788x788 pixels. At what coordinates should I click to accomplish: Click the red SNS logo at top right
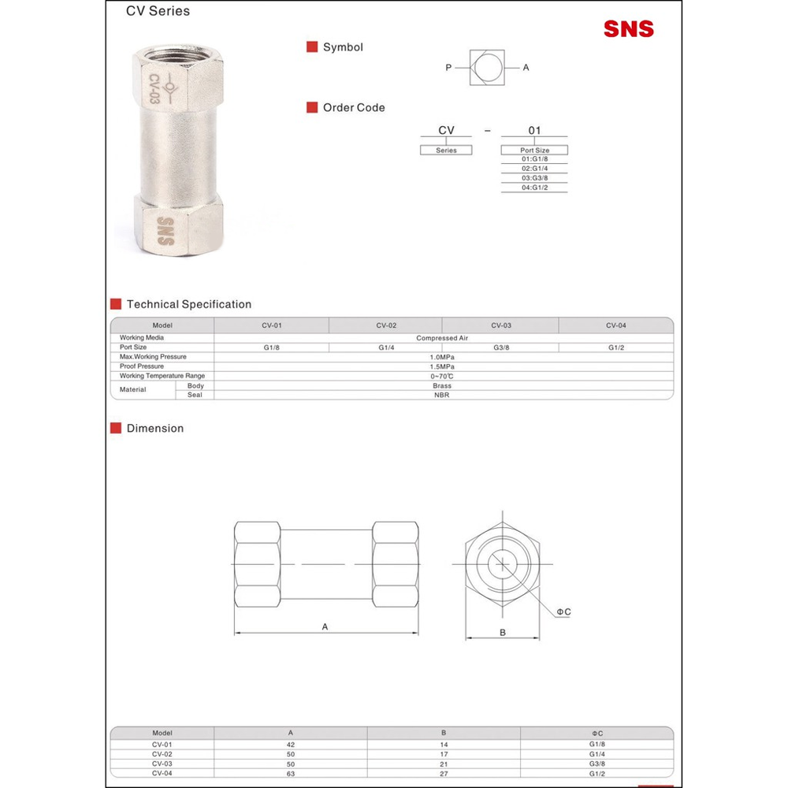tap(629, 28)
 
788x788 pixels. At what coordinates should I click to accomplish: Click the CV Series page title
tap(158, 11)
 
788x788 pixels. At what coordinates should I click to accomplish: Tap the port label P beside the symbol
tap(448, 67)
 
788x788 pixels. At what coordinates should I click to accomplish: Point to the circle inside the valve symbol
tap(486, 67)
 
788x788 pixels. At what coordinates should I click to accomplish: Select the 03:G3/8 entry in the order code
tap(534, 178)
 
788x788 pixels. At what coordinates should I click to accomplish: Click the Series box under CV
tap(446, 150)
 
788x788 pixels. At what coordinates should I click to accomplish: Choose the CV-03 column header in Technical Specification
tap(501, 325)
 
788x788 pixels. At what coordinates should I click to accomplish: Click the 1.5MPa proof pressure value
tap(442, 366)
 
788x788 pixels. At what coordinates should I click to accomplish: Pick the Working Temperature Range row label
tap(162, 375)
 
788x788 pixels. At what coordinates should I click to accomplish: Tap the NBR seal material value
tap(442, 395)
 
